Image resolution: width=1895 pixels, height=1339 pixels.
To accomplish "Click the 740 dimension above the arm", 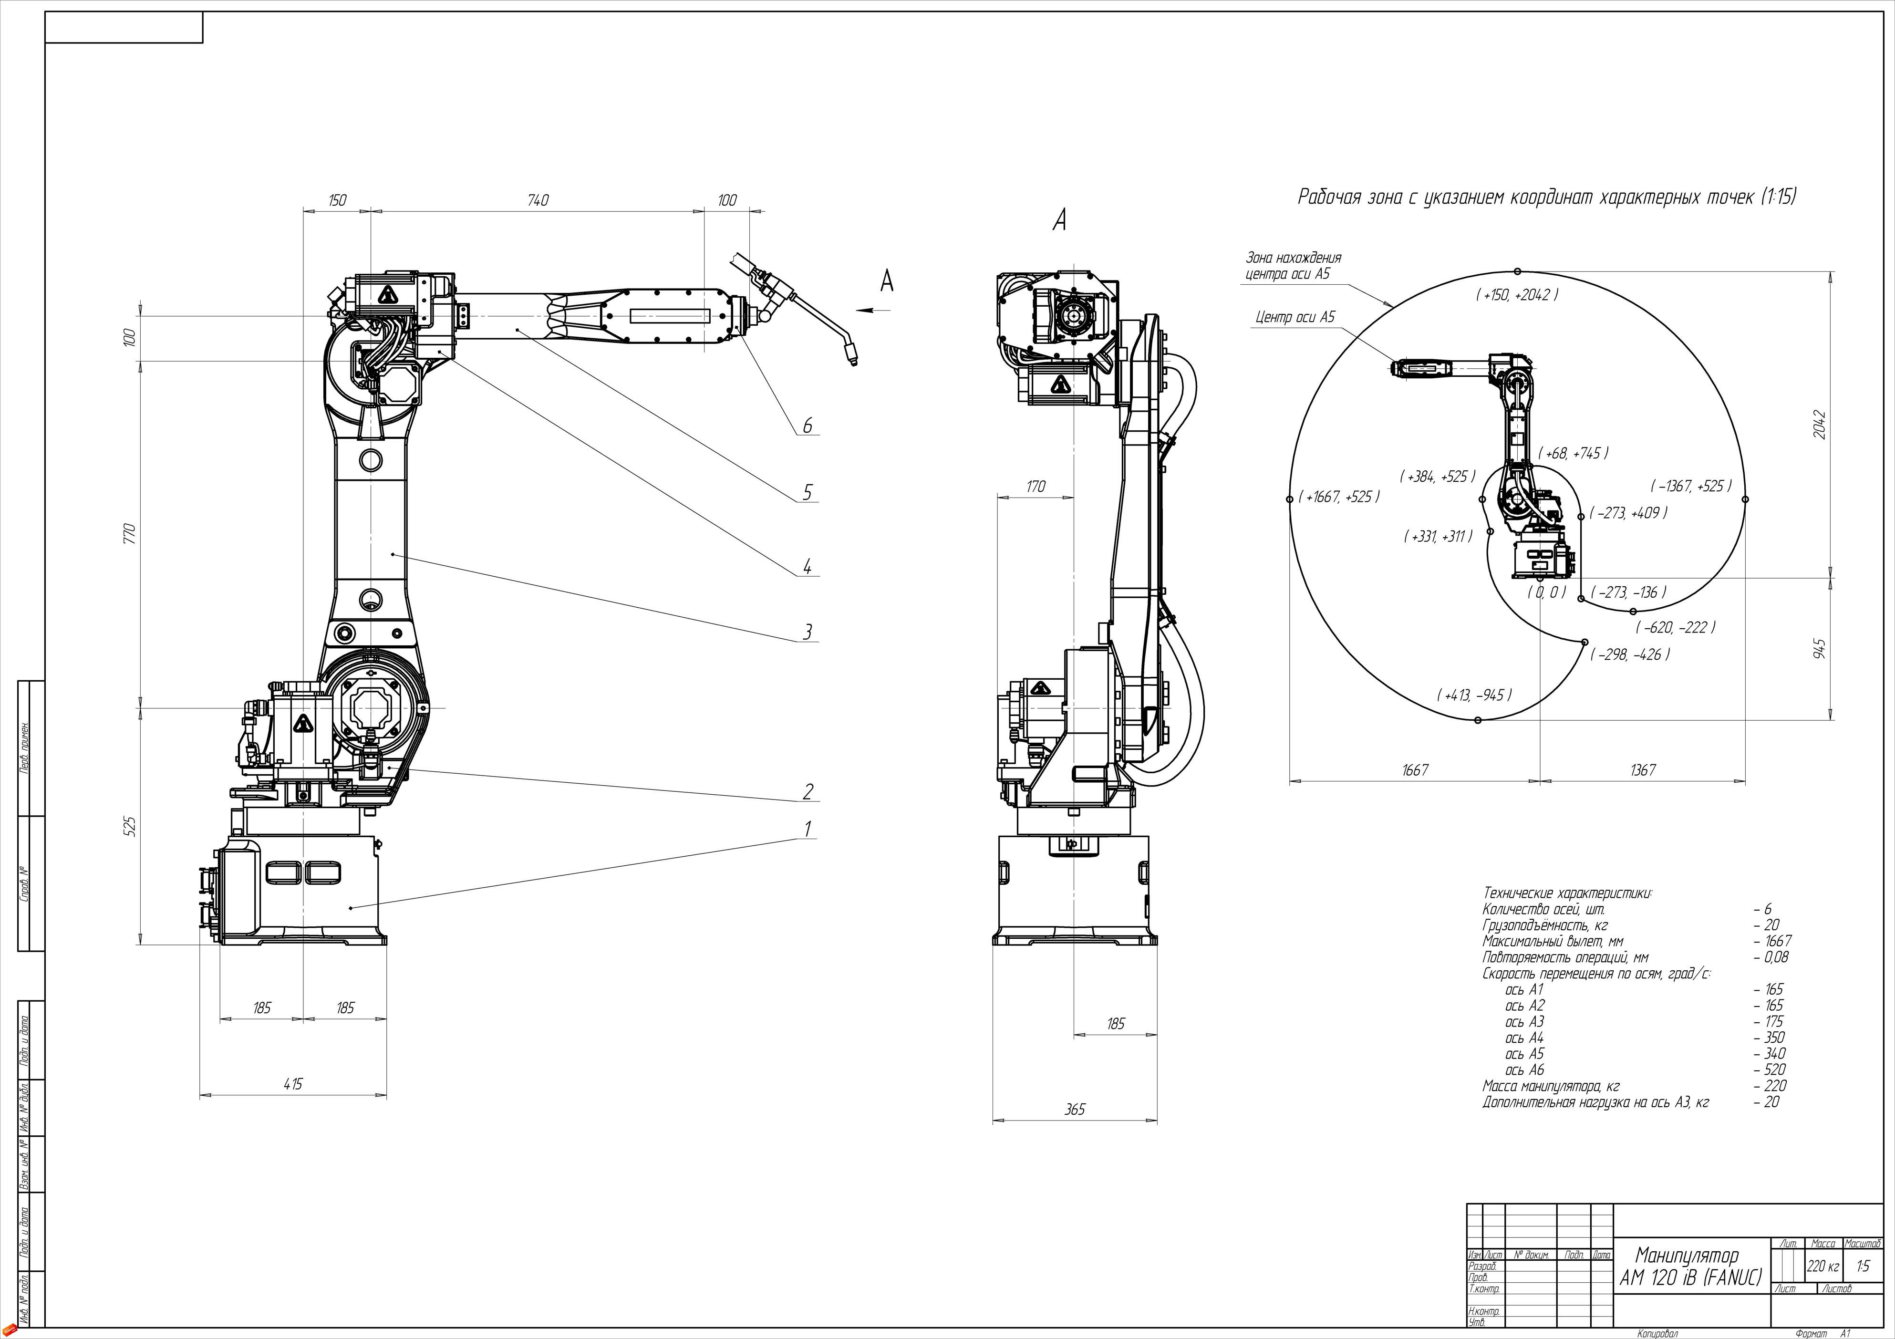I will coord(537,201).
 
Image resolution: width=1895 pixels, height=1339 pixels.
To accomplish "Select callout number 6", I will coord(807,426).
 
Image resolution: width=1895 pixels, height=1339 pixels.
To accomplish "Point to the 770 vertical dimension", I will coord(129,532).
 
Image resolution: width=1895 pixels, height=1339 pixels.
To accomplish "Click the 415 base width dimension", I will coord(293,1084).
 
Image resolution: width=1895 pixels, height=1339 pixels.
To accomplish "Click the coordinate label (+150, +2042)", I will coord(1517,295).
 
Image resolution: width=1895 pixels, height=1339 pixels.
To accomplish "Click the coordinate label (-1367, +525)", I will coord(1691,486).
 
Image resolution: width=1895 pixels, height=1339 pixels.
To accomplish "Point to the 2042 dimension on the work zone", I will coord(1820,425).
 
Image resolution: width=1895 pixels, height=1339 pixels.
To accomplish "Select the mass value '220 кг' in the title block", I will coord(1823,1266).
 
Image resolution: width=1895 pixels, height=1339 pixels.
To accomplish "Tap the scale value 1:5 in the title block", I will coord(1863,1266).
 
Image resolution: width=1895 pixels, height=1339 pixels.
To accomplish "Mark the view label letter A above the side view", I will coord(1060,219).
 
